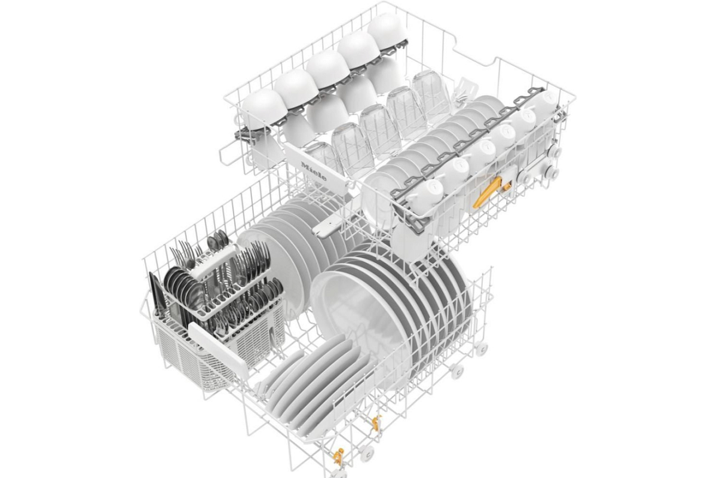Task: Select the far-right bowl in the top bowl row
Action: (388, 30)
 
